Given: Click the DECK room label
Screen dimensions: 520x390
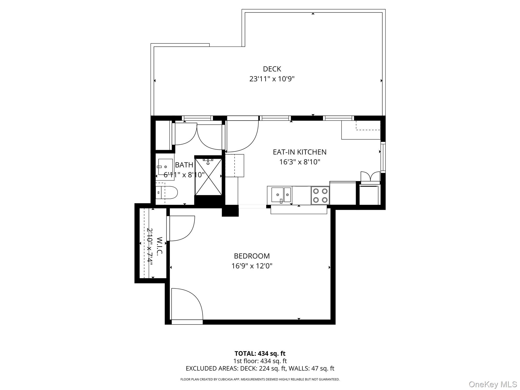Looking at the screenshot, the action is [272, 69].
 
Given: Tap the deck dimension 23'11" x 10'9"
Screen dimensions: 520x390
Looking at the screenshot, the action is [272, 79].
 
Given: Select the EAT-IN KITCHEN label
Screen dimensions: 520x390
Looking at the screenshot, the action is [300, 152].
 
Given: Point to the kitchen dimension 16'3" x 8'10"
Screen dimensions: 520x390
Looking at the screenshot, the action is [300, 162].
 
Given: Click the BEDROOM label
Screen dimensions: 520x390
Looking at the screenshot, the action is [252, 256].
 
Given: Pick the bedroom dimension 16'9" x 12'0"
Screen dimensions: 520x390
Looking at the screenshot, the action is [252, 266].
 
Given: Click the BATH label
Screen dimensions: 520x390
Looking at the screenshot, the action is [184, 165].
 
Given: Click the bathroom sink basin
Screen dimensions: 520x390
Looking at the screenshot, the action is [165, 167].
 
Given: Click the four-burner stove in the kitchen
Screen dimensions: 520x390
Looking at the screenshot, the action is [320, 195].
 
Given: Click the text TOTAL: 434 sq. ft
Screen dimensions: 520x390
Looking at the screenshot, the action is [260, 353].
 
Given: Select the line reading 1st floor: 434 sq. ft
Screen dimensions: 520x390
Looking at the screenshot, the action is [260, 361].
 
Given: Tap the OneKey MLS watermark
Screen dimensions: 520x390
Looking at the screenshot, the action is [493, 384].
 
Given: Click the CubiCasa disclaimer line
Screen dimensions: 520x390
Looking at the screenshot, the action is [260, 379].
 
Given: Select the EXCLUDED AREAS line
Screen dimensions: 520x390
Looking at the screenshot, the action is [260, 368].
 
